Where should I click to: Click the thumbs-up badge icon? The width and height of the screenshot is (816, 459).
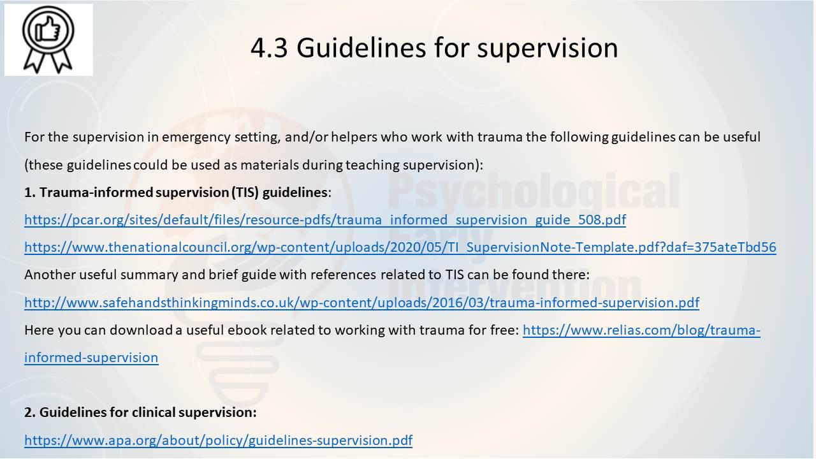coord(48,40)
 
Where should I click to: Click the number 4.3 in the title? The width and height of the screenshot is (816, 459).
coord(269,48)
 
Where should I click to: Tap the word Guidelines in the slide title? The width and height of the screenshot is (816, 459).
coord(361,48)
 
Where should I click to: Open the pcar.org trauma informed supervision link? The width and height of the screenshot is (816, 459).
coord(325,220)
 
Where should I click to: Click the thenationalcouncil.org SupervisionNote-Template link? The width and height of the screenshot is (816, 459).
coord(400,247)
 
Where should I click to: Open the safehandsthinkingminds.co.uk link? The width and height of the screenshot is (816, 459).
coord(361,302)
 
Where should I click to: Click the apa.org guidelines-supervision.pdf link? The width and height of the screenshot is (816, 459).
coord(218,440)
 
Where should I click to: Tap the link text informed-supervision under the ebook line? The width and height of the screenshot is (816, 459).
coord(91,358)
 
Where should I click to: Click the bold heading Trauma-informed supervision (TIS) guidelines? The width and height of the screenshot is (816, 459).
coord(177,192)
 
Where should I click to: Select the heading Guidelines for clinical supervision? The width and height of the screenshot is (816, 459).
coord(140,412)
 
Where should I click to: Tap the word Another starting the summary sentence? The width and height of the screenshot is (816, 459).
coord(50,275)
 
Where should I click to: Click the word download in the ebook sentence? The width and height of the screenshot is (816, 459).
coord(141,330)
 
